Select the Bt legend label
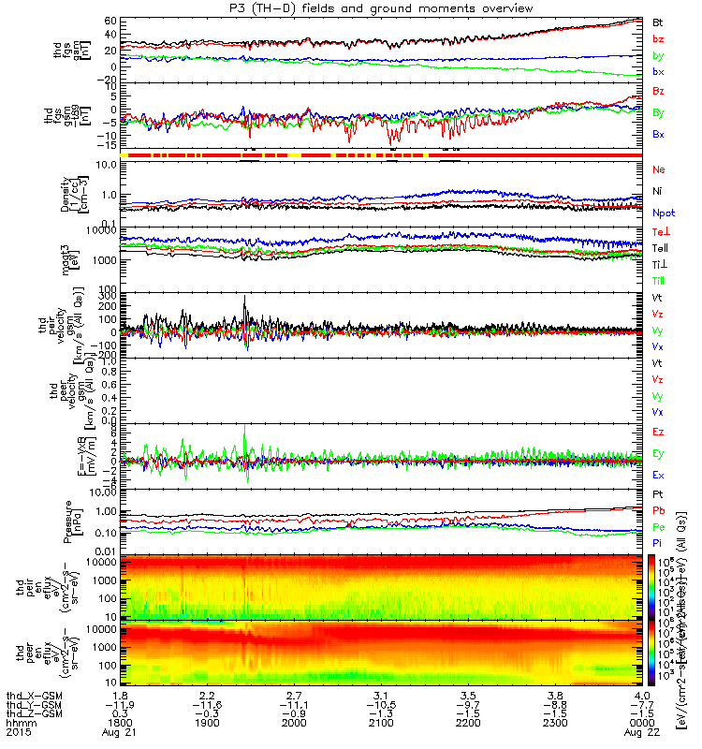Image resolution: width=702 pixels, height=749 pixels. [x=660, y=20]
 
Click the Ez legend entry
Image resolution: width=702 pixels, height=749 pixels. [x=659, y=431]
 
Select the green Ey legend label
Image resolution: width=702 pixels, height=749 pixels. [x=659, y=454]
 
